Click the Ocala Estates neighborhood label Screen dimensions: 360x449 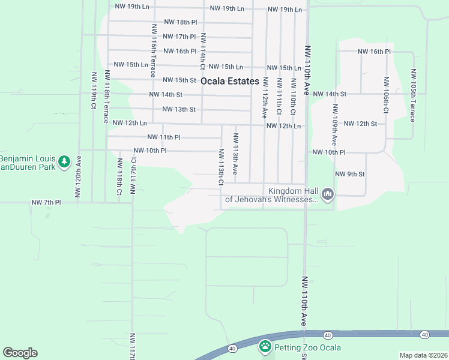click(230, 81)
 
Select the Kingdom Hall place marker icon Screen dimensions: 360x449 click(327, 194)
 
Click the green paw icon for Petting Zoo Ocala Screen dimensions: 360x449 click(265, 346)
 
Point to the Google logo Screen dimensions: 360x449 click(20, 353)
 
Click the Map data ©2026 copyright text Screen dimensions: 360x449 click(423, 355)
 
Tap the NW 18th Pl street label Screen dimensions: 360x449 click(179, 22)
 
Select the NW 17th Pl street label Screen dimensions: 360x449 click(179, 37)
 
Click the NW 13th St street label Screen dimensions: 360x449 click(179, 109)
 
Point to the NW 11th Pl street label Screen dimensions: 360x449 click(163, 137)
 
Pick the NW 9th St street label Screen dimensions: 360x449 click(350, 174)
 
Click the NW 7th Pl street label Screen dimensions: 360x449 click(46, 203)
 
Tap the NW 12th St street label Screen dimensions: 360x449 click(360, 124)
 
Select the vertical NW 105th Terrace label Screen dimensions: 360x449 click(413, 95)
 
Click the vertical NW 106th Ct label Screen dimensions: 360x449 click(386, 95)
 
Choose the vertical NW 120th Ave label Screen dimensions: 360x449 click(77, 176)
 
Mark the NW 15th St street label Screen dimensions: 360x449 click(179, 80)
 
